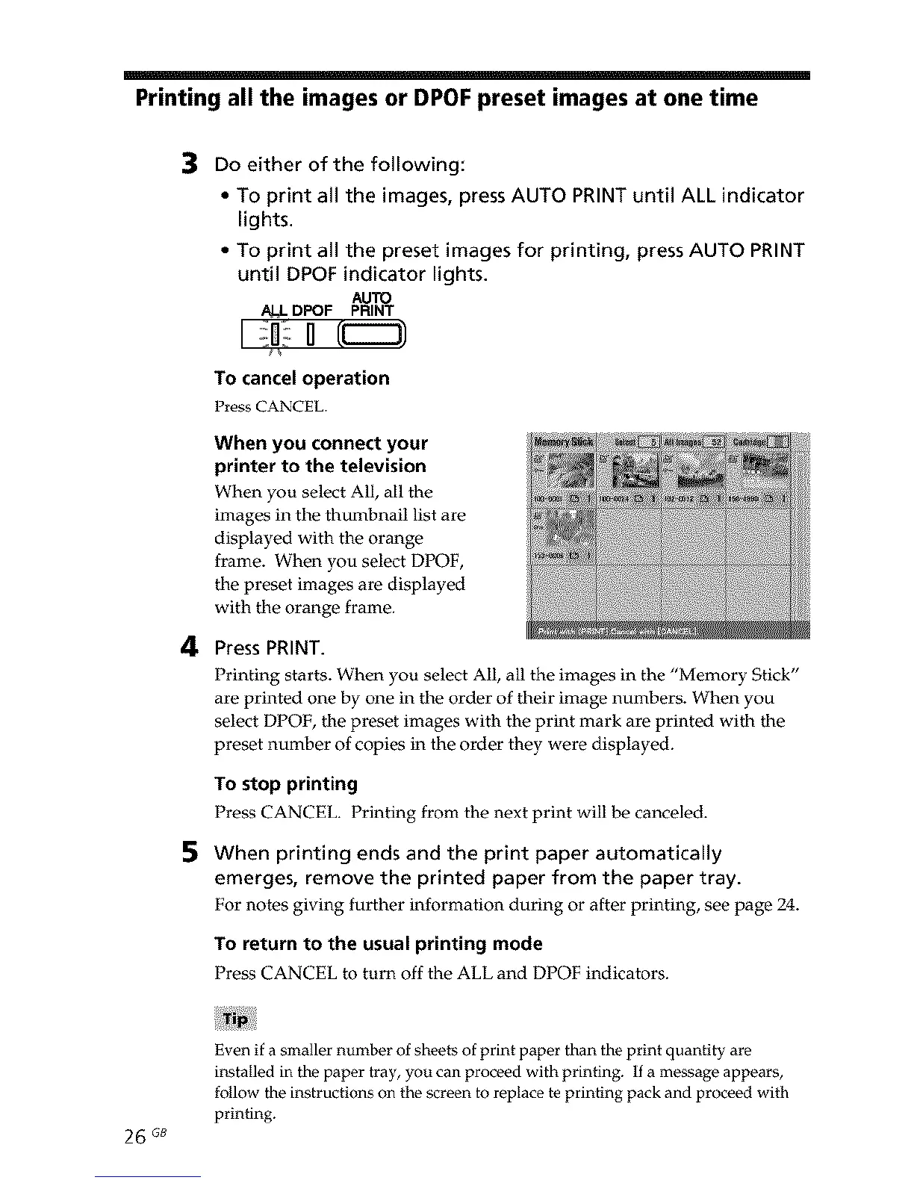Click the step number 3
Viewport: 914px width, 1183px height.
point(191,162)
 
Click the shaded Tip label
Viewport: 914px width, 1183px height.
point(235,1019)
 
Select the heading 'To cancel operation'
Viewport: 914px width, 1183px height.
point(302,378)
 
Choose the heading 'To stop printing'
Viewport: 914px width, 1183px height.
point(286,784)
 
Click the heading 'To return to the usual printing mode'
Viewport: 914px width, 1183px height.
point(378,943)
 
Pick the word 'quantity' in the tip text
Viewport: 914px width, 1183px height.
point(697,1051)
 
